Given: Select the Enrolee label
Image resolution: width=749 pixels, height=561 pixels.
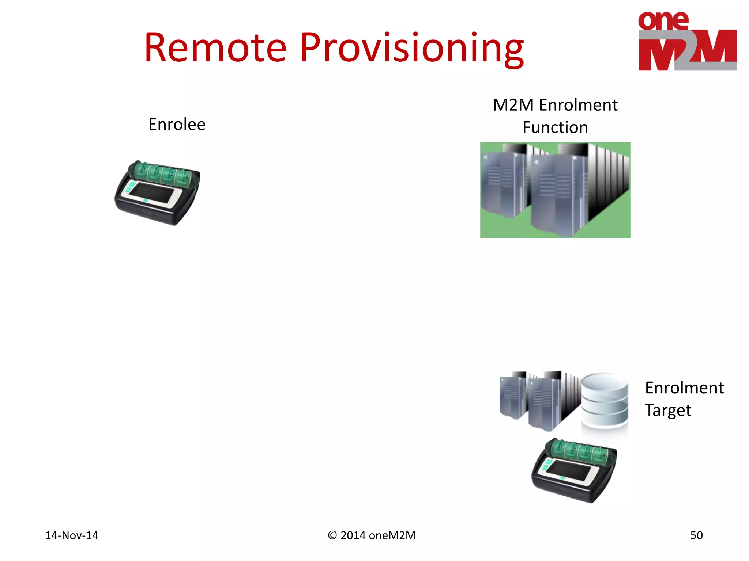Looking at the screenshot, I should [x=177, y=125].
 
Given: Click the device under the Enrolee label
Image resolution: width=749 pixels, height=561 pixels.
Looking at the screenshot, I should [x=158, y=194].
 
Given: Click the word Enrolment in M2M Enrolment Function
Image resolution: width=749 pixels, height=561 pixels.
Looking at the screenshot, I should [x=578, y=105].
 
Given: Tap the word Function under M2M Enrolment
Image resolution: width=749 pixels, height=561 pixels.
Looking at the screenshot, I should [x=555, y=128].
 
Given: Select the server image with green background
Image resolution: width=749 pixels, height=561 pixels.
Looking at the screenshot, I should [x=555, y=190].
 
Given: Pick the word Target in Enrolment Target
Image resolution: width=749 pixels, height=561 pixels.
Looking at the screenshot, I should [x=667, y=411].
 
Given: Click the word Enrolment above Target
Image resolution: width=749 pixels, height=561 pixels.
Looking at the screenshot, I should [x=684, y=388].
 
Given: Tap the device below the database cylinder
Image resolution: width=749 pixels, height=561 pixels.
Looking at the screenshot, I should [x=574, y=471].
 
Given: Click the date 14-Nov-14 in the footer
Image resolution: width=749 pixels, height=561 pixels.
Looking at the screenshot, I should [x=72, y=535].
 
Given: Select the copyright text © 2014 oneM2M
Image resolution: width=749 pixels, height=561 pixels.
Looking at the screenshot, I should [x=372, y=535].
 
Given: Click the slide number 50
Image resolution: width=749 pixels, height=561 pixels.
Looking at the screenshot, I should [x=696, y=535].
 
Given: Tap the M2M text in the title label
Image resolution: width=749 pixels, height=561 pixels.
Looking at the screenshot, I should [x=513, y=105].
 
